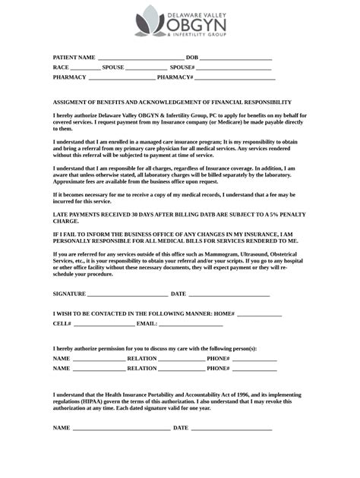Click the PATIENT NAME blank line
[x=141, y=58]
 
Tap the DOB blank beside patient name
[x=235, y=58]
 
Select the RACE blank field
[x=85, y=68]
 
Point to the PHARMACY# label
[x=175, y=77]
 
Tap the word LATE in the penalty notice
[x=60, y=215]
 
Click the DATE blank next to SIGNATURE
[x=229, y=294]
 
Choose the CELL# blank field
[x=104, y=324]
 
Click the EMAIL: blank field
[x=191, y=324]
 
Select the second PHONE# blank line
[x=254, y=369]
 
